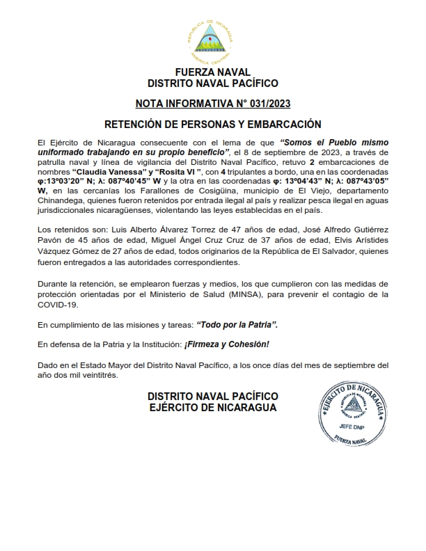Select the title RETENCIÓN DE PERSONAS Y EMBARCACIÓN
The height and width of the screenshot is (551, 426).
213,125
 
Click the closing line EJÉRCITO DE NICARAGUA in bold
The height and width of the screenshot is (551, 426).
213,408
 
